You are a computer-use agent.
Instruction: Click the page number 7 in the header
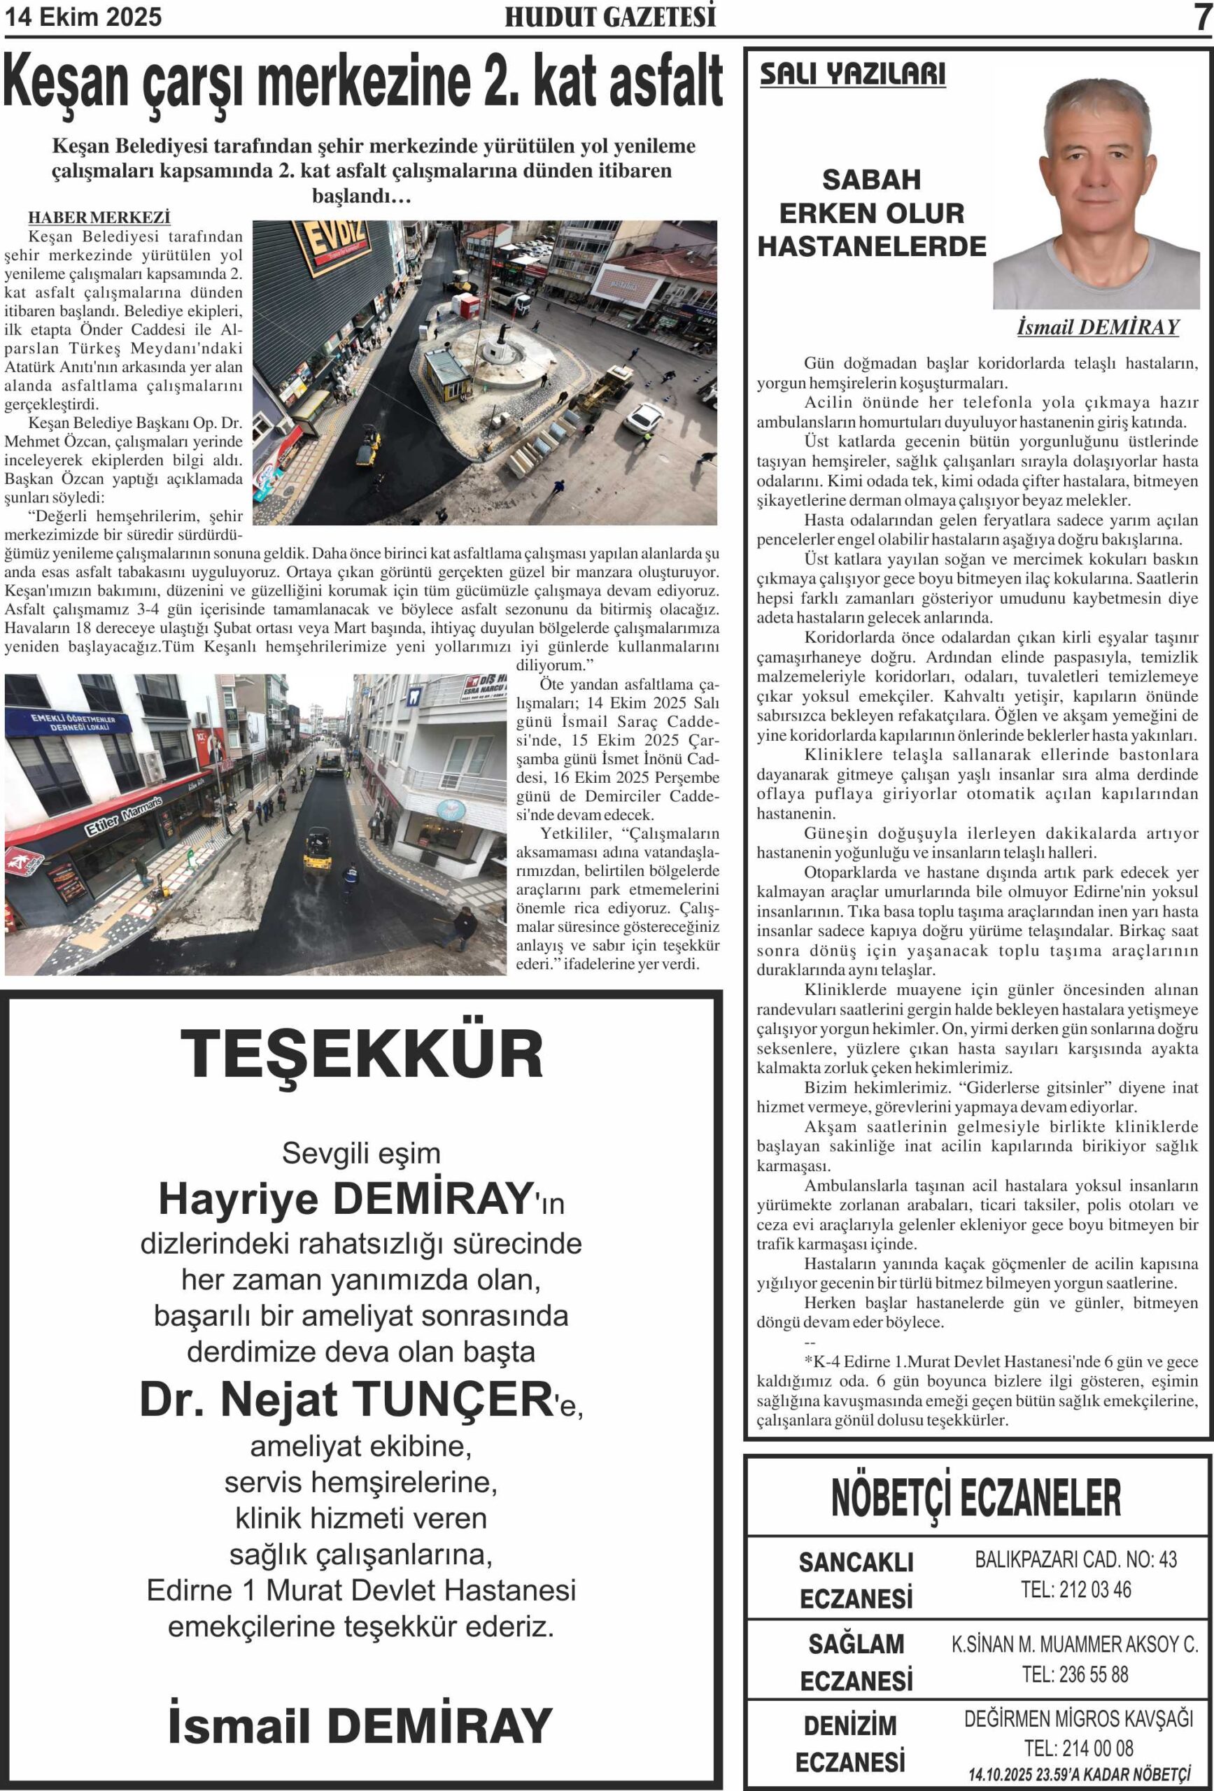[x=1201, y=17]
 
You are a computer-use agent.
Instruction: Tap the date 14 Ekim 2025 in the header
[x=83, y=17]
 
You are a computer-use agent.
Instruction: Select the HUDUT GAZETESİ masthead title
[x=610, y=17]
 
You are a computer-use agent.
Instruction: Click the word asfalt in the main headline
[x=665, y=83]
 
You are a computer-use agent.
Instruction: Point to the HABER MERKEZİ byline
[x=99, y=218]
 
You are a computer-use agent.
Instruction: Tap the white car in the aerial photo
[x=642, y=418]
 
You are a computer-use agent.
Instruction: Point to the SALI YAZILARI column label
[x=852, y=75]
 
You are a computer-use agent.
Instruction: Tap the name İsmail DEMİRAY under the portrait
[x=1098, y=327]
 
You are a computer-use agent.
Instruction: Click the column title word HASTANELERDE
[x=872, y=246]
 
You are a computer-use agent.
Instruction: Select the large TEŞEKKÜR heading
[x=362, y=1054]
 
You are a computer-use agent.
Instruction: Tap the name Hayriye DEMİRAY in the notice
[x=346, y=1198]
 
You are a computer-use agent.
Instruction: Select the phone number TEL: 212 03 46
[x=1075, y=1588]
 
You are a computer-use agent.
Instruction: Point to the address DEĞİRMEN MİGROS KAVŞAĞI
[x=1078, y=1718]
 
